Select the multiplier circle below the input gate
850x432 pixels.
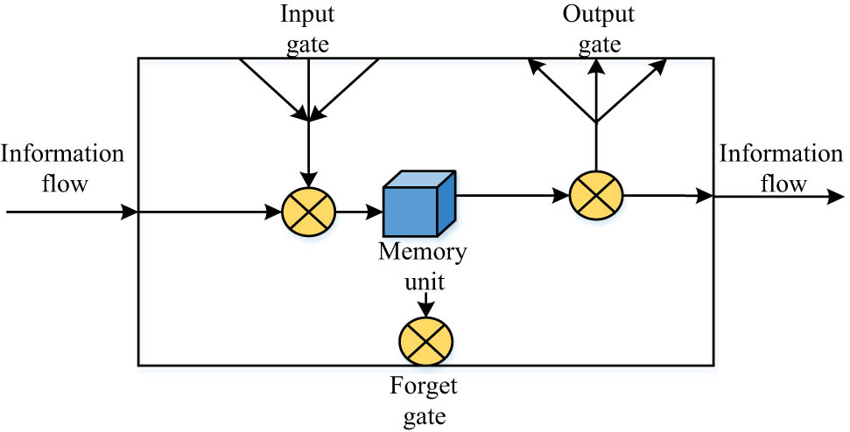coord(309,212)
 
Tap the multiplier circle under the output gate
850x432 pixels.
coord(595,195)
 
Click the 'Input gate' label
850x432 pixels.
coord(308,27)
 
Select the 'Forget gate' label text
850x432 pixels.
coord(425,399)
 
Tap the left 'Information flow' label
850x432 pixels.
coord(63,168)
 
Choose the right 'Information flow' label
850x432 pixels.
coord(780,168)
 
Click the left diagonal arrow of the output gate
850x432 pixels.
coord(560,89)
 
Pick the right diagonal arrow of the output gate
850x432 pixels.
coord(632,89)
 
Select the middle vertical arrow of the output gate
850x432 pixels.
coord(596,92)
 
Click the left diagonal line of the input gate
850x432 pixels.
coord(271,87)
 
